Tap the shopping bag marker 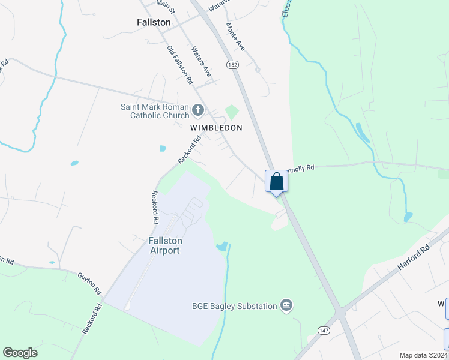point(276,181)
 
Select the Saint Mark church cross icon point(199,111)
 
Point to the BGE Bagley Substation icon point(286,306)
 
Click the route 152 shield point(232,64)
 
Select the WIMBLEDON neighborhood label point(216,128)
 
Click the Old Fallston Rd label point(179,64)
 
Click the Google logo point(20,353)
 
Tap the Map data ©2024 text point(424,355)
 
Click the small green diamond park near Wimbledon point(232,112)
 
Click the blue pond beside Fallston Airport point(221,246)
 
